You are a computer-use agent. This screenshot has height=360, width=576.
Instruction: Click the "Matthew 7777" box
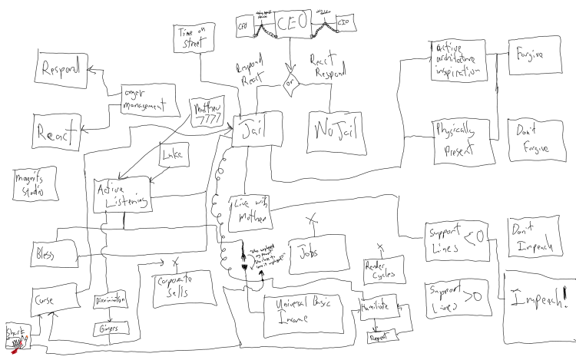point(207,113)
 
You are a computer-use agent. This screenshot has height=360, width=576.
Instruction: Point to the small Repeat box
point(382,334)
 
